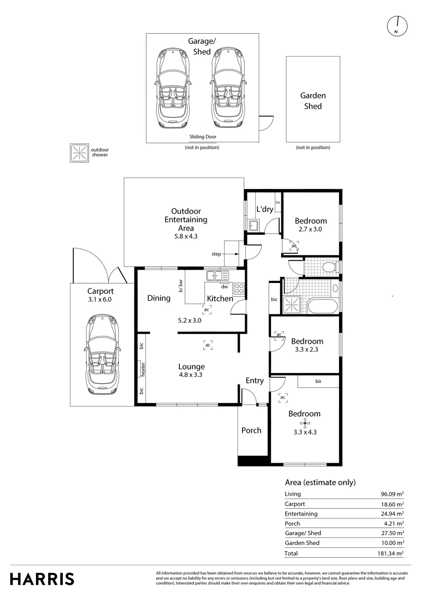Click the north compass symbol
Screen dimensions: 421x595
pyautogui.click(x=397, y=26)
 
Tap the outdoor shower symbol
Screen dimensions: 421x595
pyautogui.click(x=79, y=153)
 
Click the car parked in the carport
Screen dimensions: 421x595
pyautogui.click(x=102, y=354)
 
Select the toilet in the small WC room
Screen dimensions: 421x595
pyautogui.click(x=330, y=267)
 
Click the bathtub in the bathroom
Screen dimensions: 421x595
pyautogui.click(x=323, y=306)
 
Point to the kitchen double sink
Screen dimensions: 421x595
pyautogui.click(x=218, y=275)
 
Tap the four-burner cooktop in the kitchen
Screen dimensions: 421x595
pyautogui.click(x=239, y=289)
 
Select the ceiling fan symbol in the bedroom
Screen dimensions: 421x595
pyautogui.click(x=305, y=423)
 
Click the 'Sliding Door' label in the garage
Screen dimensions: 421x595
pyautogui.click(x=203, y=137)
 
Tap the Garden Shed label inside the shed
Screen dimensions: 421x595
pyautogui.click(x=313, y=101)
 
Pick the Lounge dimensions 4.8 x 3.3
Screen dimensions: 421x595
pyautogui.click(x=191, y=375)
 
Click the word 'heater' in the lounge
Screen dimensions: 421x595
pyautogui.click(x=143, y=369)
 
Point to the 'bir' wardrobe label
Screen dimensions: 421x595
pyautogui.click(x=318, y=381)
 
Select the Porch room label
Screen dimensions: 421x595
pyautogui.click(x=251, y=430)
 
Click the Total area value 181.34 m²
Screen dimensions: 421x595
pyautogui.click(x=390, y=553)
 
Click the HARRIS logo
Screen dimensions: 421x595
pyautogui.click(x=42, y=579)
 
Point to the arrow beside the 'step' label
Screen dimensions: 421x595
pyautogui.click(x=230, y=254)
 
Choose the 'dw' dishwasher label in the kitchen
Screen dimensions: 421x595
pyautogui.click(x=224, y=287)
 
